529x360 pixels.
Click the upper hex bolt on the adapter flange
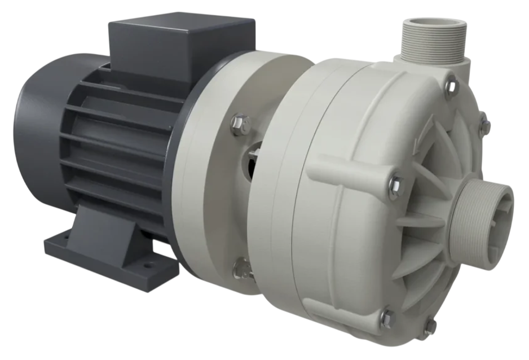[240, 124]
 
